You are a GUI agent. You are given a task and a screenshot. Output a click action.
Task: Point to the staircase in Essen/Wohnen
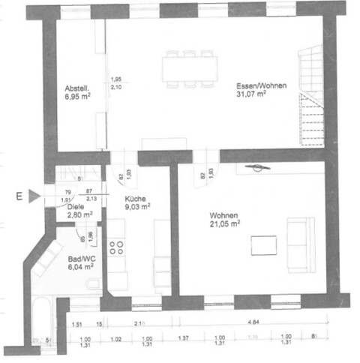311,97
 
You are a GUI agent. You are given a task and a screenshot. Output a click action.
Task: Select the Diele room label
75,207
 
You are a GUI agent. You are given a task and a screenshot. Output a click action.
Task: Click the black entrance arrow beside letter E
33,197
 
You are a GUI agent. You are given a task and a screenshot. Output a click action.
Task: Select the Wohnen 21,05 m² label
225,218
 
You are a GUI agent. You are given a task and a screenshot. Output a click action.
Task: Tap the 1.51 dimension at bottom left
76,324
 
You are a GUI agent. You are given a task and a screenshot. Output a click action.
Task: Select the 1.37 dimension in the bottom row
183,338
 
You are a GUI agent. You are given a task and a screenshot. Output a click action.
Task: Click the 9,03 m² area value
137,206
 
